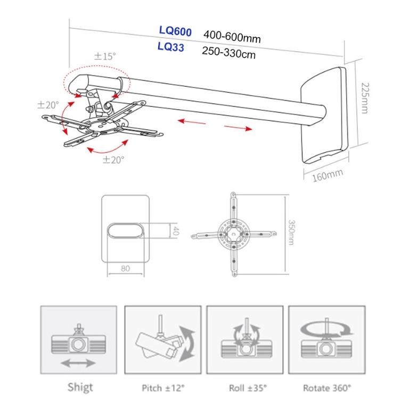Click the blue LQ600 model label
coord(175,32)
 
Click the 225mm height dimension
coord(365,99)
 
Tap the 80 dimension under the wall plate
coord(126,268)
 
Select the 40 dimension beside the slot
coord(174,231)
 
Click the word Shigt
coord(80,387)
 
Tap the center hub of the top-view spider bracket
coord(233,233)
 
